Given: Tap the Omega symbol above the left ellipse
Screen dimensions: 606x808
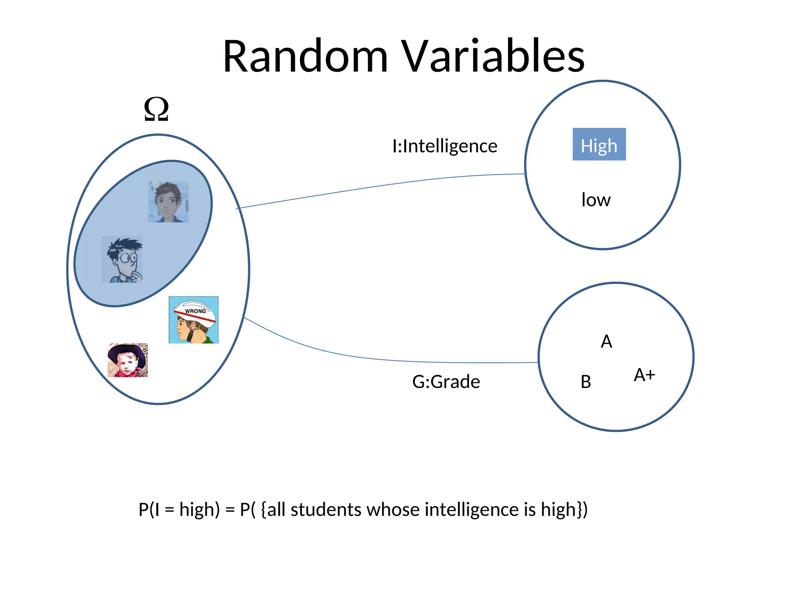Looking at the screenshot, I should (x=156, y=109).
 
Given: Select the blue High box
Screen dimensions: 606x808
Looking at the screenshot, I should (x=599, y=144).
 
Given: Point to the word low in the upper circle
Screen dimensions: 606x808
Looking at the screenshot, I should (x=596, y=200).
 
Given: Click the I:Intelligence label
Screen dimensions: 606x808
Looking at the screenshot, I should (x=445, y=146).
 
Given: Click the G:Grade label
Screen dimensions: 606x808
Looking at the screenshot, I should (x=446, y=382).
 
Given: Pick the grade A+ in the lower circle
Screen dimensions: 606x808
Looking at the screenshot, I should (x=644, y=375).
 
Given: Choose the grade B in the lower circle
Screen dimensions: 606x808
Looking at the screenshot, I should (x=586, y=382).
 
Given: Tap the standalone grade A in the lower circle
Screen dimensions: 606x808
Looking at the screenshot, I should (x=606, y=342).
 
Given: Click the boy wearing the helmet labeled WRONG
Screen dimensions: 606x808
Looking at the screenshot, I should (x=193, y=320).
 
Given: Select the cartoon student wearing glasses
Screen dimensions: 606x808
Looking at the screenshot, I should (x=122, y=260).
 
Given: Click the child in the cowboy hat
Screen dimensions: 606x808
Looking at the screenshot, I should (x=127, y=360).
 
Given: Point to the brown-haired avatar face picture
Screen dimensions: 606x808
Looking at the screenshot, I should (x=168, y=202).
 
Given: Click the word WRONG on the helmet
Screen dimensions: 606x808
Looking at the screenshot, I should (x=195, y=311).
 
